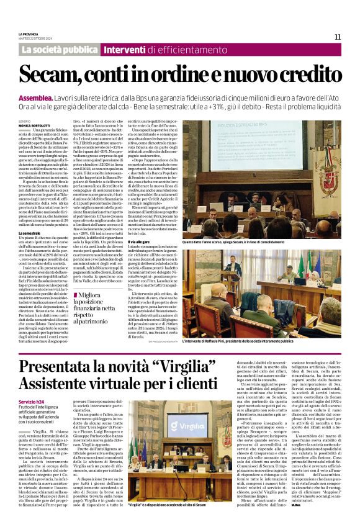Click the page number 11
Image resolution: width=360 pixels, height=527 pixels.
tap(338, 37)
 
